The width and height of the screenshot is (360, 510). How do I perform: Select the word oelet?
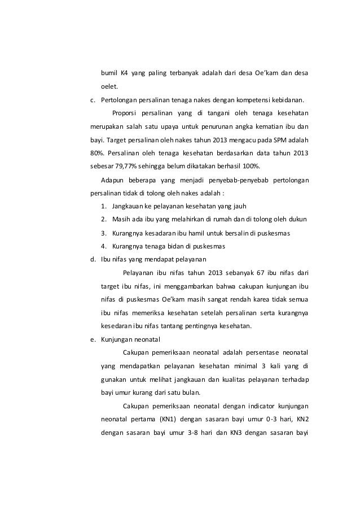pos(109,88)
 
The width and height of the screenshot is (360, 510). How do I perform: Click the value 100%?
pos(247,167)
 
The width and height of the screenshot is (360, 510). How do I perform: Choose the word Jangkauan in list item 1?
pos(129,206)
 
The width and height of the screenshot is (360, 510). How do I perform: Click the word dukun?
pos(297,219)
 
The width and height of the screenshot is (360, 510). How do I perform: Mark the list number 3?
pos(104,233)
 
